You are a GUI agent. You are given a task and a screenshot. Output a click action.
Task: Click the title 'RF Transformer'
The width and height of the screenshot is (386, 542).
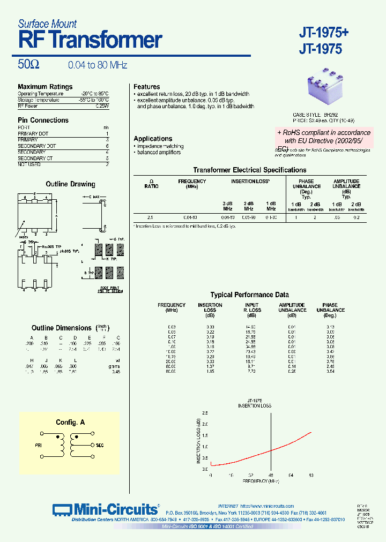(x=90, y=41)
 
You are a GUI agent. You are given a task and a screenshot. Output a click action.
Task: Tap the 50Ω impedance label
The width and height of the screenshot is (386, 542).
(x=28, y=65)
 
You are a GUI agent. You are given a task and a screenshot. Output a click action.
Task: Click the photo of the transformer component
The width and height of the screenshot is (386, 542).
(x=326, y=89)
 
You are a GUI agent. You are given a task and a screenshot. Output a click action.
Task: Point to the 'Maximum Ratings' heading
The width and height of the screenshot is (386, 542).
(x=45, y=87)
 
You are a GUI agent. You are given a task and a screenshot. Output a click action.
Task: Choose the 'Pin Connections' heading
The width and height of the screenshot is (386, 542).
(x=43, y=121)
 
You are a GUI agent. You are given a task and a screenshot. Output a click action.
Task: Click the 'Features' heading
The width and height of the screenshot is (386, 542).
(x=147, y=87)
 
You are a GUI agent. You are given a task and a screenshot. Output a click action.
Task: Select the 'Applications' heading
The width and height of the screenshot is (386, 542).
(x=153, y=139)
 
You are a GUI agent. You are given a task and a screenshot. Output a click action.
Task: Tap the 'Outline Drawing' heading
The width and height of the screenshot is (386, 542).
(x=70, y=184)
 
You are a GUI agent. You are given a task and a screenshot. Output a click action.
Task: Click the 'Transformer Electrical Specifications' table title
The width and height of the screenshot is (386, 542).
(x=250, y=170)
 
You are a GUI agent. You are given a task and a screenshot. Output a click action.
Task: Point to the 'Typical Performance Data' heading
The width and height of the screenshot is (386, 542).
(x=249, y=295)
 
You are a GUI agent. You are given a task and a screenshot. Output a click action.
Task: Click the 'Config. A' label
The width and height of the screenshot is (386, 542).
(x=70, y=423)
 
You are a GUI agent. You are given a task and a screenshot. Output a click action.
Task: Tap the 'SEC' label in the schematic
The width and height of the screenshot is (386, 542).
(x=99, y=445)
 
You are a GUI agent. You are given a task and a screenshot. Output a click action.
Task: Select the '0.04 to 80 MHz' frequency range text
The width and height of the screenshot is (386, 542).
(x=98, y=65)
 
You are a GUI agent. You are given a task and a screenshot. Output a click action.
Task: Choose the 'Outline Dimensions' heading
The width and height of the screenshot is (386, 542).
(x=62, y=328)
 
